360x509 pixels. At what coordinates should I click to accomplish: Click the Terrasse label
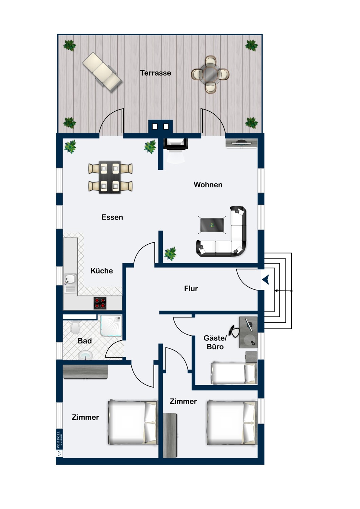click(x=155, y=73)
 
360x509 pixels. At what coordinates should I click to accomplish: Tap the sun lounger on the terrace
click(x=102, y=72)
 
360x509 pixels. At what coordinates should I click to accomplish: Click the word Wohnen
click(x=208, y=185)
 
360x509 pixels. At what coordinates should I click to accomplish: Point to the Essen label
click(x=112, y=217)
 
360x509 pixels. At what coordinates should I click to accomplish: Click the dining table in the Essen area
click(x=110, y=177)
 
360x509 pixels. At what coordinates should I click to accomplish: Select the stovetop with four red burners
click(x=100, y=303)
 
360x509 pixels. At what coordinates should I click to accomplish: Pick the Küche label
click(x=102, y=271)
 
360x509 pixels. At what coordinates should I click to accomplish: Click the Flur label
click(x=191, y=288)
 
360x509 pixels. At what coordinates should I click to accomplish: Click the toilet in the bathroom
click(x=75, y=327)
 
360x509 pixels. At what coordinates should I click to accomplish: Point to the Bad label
click(x=85, y=341)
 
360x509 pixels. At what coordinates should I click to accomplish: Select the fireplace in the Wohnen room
click(x=176, y=144)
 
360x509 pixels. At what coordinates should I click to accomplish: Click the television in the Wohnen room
click(x=241, y=143)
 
